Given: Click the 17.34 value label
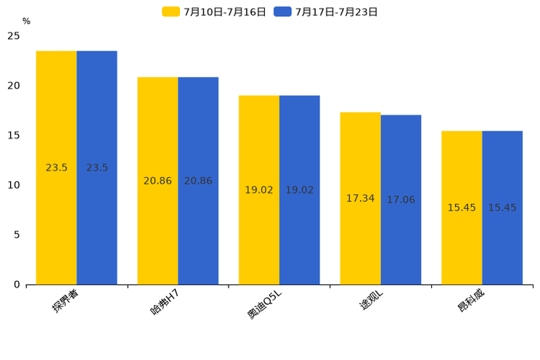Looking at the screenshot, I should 360,198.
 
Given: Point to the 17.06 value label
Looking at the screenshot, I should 401,200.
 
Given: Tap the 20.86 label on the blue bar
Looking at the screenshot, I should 198,181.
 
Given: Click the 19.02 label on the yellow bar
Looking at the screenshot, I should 259,190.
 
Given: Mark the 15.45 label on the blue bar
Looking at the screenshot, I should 502,208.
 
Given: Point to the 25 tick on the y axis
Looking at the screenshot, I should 14,36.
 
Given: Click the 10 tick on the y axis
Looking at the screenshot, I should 14,185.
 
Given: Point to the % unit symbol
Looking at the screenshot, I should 26,21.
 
